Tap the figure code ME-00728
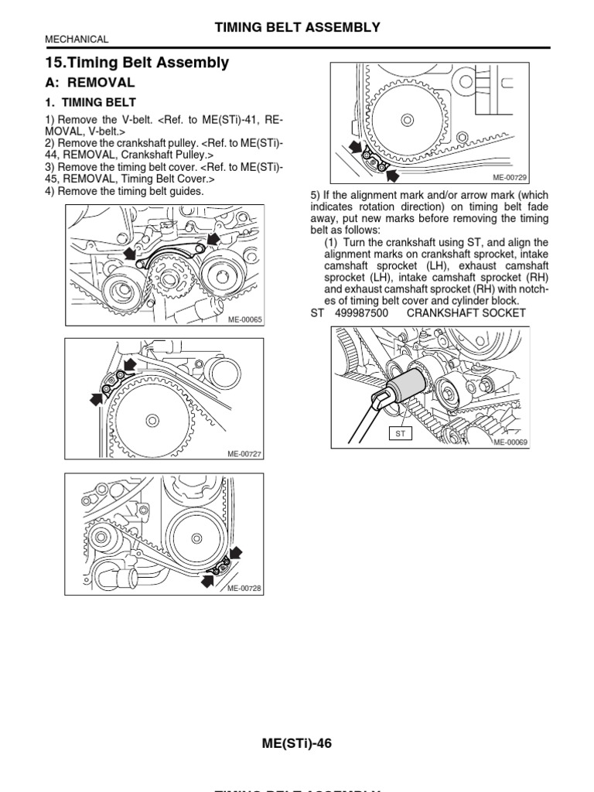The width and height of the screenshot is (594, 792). [244, 588]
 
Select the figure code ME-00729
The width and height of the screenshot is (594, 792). [510, 177]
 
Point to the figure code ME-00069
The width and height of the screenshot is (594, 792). [510, 442]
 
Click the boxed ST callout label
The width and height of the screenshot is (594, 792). [401, 434]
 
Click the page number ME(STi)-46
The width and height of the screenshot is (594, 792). [297, 743]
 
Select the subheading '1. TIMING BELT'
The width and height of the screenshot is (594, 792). [98, 102]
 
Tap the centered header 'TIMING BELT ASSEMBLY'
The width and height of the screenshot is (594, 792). [297, 27]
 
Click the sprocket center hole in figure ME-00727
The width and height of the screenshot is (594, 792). [153, 420]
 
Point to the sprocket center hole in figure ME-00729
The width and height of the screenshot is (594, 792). [406, 119]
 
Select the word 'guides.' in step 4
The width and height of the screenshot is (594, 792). [184, 190]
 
